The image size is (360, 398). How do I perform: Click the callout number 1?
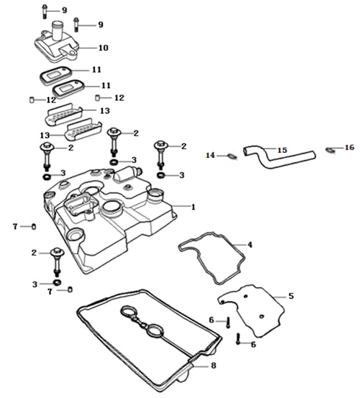coord(193,207)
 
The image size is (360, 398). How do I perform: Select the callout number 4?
coord(250,245)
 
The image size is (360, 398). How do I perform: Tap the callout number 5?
coord(291,296)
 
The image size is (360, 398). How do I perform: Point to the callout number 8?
coord(214,366)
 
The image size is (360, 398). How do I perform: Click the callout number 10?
coord(104,48)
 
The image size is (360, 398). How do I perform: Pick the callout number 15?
coord(282,150)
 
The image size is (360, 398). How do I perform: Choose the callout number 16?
coord(349,147)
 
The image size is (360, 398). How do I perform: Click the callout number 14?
coord(210,155)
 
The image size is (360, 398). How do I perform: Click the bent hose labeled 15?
coord(279,157)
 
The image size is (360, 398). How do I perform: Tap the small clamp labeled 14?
coord(233,156)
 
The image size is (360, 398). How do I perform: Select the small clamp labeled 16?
coord(329,150)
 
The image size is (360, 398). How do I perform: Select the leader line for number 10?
coord(89,48)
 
